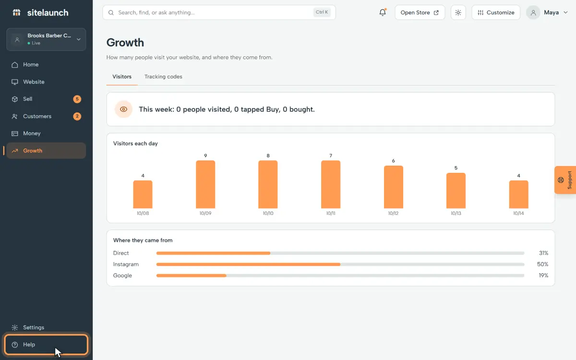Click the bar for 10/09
205,184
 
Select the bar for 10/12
394,187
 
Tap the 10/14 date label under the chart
518,213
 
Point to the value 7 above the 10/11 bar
331,156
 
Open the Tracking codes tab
163,77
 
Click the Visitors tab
122,77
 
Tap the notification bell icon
383,12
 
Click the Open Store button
420,12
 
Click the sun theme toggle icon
458,12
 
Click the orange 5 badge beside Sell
77,99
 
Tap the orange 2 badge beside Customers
77,116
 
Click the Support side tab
565,180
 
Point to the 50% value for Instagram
542,264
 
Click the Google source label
122,276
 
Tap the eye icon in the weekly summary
123,109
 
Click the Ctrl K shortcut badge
322,12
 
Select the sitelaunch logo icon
17,12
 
